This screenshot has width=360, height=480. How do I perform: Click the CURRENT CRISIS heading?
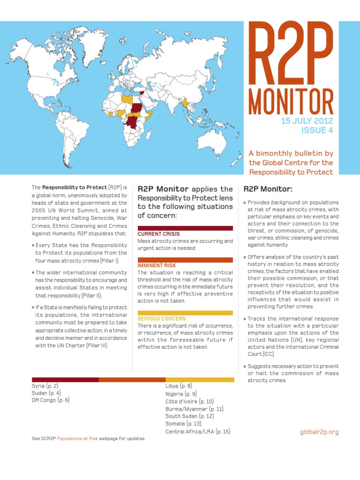tap(158, 233)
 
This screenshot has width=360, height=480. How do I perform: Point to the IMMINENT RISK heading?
tap(157, 265)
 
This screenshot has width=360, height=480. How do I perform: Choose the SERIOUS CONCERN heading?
tap(161, 318)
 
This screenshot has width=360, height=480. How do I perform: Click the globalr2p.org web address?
tap(319, 432)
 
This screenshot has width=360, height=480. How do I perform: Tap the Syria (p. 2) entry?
tap(45, 385)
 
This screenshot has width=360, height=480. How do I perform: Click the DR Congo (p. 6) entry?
tap(51, 400)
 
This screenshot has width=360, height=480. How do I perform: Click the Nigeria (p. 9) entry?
tap(181, 394)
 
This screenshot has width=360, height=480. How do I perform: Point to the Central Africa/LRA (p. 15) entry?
tap(198, 431)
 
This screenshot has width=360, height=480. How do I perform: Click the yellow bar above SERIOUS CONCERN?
tap(185, 313)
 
